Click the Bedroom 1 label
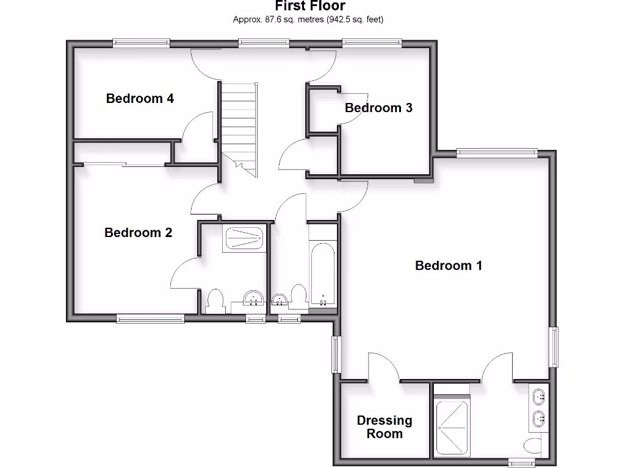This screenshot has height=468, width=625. [x=449, y=266]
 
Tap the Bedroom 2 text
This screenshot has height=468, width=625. [x=139, y=233]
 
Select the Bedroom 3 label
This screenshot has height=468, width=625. [x=378, y=108]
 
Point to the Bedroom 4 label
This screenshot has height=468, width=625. [x=140, y=98]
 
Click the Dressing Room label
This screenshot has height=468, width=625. [x=385, y=427]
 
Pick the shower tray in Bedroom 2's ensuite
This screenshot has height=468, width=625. [x=244, y=238]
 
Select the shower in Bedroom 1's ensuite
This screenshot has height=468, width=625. [x=451, y=428]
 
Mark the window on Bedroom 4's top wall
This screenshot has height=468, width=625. [x=141, y=43]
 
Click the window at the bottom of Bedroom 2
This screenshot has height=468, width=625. [x=150, y=317]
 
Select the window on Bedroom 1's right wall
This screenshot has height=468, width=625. [x=554, y=347]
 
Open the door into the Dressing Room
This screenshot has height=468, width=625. [x=383, y=369]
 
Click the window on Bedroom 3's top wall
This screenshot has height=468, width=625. [x=372, y=43]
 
